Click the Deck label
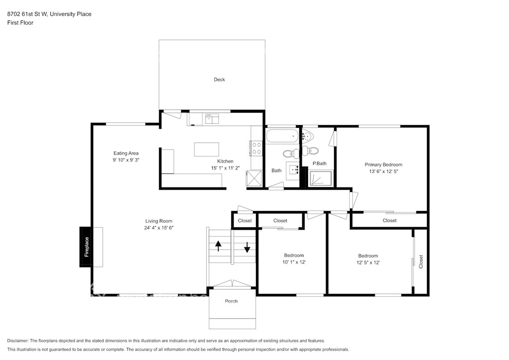click(x=219, y=80)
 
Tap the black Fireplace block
click(x=86, y=247)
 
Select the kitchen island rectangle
click(x=206, y=149)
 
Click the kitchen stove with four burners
click(x=256, y=148)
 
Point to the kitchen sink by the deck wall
click(x=212, y=118)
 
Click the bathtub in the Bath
click(x=282, y=136)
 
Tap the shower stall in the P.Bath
click(x=321, y=179)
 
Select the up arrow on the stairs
click(x=218, y=246)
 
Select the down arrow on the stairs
click(x=247, y=247)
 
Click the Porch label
click(x=231, y=301)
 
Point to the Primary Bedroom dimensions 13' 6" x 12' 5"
click(x=383, y=172)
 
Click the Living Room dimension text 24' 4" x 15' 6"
click(x=159, y=228)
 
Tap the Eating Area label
click(x=126, y=153)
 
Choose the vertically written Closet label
click(x=421, y=262)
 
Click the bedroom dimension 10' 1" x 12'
click(x=294, y=262)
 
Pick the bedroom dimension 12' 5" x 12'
click(x=368, y=263)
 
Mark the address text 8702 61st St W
click(x=27, y=14)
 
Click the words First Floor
click(x=20, y=23)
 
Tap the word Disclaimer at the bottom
click(x=18, y=341)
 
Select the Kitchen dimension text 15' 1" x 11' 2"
click(x=225, y=168)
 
